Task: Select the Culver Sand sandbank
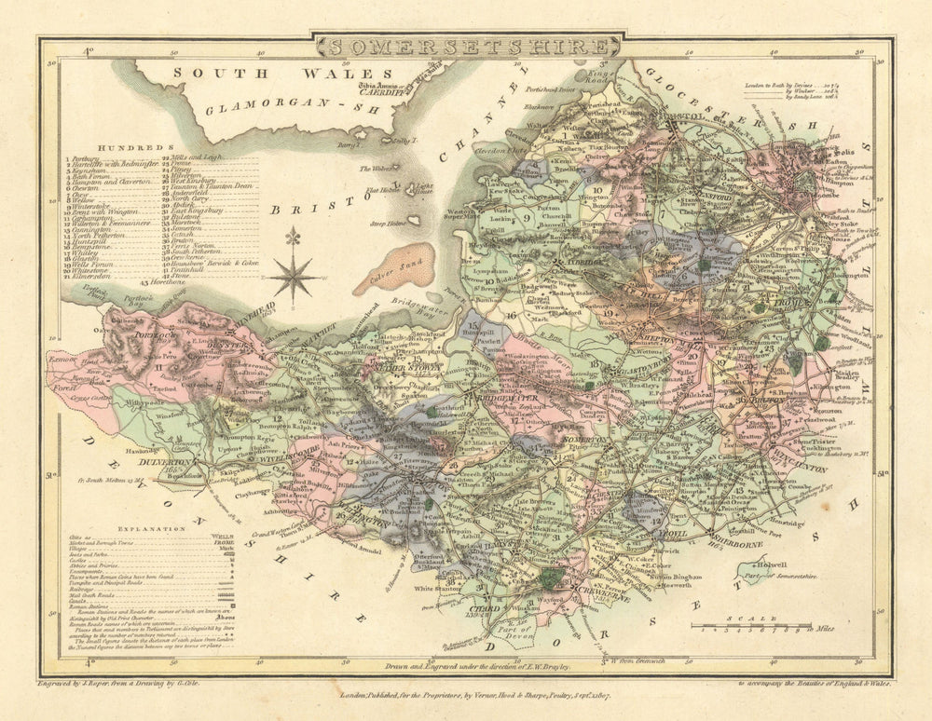[399, 269]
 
